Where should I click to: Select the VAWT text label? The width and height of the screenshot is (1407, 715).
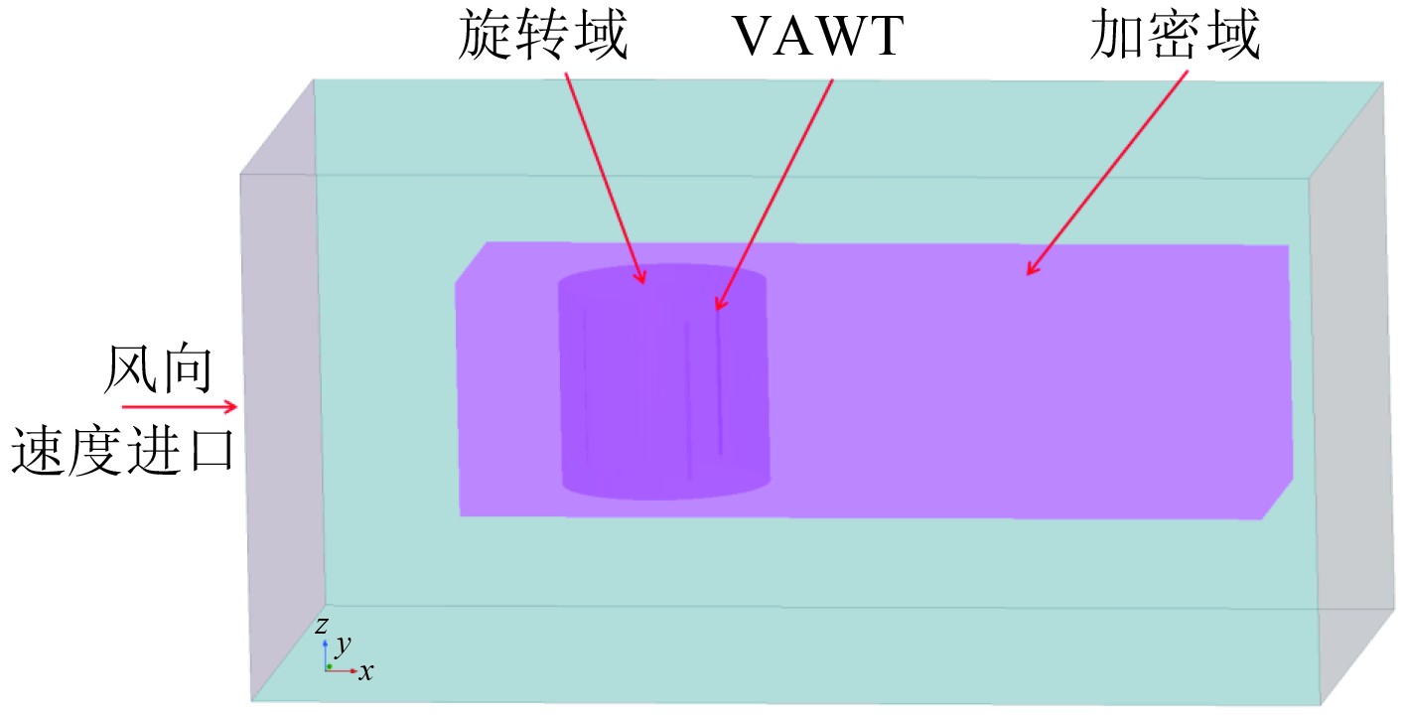(x=819, y=38)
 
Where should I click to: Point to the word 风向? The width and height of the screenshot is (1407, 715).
(x=159, y=370)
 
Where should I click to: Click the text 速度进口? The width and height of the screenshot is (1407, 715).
(x=123, y=451)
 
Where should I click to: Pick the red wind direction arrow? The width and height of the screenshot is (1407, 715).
(x=180, y=406)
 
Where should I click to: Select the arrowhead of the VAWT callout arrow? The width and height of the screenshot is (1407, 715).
(x=718, y=306)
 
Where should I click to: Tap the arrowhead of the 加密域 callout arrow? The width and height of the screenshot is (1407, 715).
(x=1031, y=270)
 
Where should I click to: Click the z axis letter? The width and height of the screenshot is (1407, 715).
(x=322, y=626)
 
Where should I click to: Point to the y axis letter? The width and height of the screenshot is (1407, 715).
(x=343, y=644)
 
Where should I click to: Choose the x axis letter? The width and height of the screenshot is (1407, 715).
(x=366, y=672)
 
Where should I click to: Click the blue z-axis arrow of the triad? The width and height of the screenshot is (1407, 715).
(x=327, y=650)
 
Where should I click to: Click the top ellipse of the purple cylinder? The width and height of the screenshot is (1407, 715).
(x=662, y=277)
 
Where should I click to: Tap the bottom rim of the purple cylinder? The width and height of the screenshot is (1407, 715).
(x=666, y=494)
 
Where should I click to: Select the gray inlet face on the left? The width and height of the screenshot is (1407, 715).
(x=282, y=397)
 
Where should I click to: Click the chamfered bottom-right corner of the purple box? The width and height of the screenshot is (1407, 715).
(x=1278, y=500)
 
